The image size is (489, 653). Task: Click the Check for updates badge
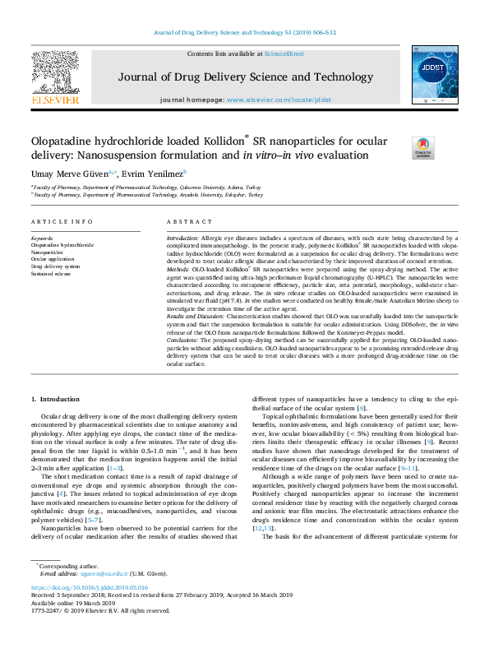422,147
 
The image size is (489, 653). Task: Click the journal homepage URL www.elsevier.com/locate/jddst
279,99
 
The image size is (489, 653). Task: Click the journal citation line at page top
244,33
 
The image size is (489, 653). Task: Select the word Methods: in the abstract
181,268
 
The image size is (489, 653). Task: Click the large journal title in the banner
243,77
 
